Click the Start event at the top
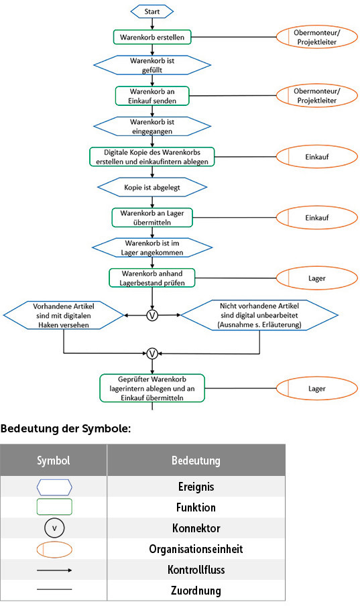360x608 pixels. coord(152,12)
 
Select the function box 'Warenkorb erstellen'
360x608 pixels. coord(152,36)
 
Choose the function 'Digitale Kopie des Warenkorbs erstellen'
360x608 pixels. coord(152,156)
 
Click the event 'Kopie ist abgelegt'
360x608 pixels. coord(152,184)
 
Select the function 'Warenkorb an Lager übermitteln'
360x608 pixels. coord(152,217)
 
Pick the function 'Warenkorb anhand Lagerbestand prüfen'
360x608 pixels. coord(152,278)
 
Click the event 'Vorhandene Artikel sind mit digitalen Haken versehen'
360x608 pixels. coord(63,314)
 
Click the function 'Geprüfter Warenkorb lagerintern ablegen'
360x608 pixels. coord(152,387)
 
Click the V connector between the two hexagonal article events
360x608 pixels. coord(152,314)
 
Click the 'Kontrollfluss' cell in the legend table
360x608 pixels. coord(196,570)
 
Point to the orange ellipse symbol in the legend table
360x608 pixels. coord(54,549)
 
